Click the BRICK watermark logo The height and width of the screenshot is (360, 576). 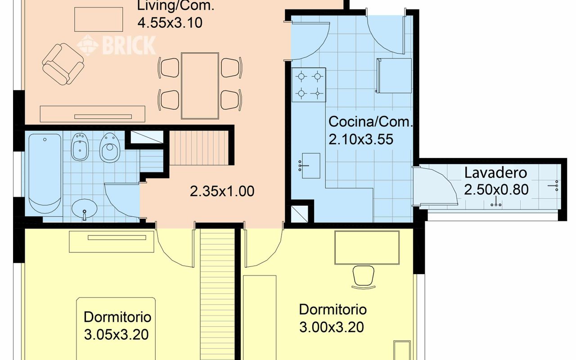117,45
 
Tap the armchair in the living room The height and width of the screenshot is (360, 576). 63,63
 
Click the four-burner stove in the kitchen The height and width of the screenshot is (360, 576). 309,85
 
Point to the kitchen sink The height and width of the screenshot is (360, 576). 310,166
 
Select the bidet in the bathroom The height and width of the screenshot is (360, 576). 81,147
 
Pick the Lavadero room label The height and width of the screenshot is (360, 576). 495,173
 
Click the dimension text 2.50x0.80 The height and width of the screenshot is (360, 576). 496,190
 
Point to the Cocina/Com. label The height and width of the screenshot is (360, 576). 370,122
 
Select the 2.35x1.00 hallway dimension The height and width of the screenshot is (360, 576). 222,192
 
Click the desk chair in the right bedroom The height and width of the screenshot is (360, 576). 363,276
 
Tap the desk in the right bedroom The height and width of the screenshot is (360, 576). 367,247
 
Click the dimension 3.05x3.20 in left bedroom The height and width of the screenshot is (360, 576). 116,334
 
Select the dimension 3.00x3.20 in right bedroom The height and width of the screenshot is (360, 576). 332,327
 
